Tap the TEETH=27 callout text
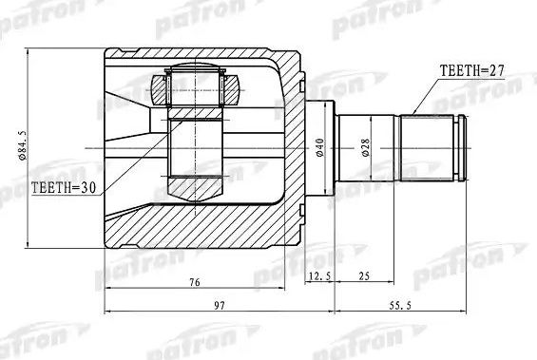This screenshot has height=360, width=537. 472,69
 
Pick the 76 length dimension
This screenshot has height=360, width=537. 193,281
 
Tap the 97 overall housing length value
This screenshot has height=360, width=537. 219,305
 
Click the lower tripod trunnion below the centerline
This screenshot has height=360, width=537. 195,171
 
